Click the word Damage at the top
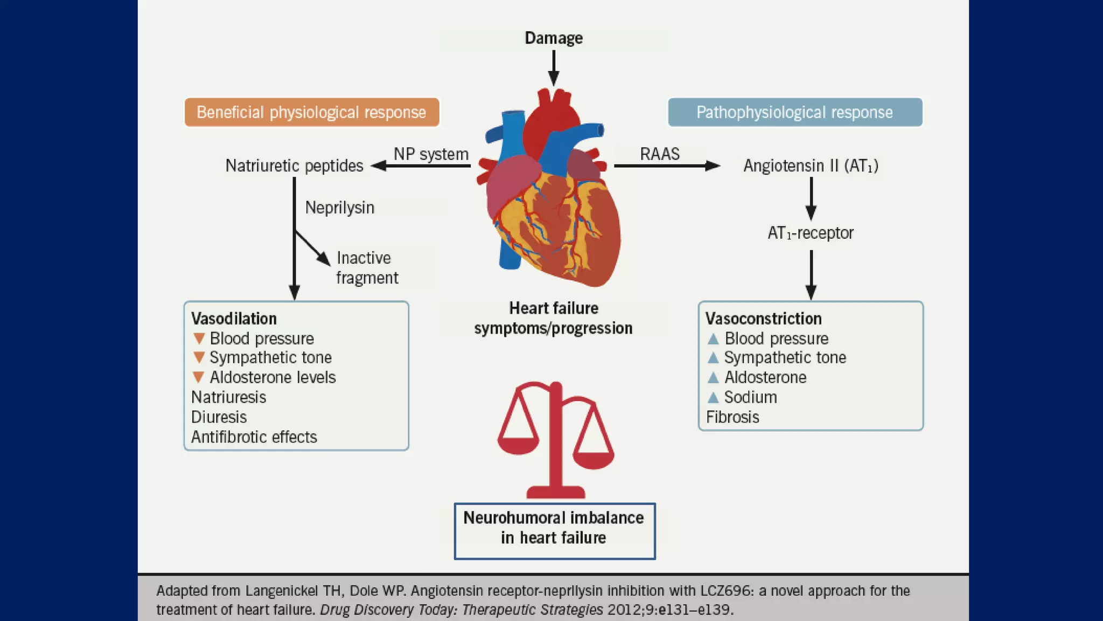[554, 38]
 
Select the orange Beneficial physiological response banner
[311, 112]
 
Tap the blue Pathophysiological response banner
[794, 112]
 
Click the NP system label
[431, 154]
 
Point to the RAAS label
[659, 154]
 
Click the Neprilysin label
[339, 208]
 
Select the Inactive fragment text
[366, 268]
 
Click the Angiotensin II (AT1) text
[810, 165]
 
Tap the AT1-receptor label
[810, 233]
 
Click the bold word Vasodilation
[234, 319]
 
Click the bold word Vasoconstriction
[763, 319]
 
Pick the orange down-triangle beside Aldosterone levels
[199, 377]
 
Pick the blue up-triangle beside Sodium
[713, 397]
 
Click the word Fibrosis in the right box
[732, 417]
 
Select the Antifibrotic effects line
[254, 437]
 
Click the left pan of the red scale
[518, 445]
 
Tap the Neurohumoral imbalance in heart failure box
[554, 531]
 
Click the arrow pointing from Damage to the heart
[553, 68]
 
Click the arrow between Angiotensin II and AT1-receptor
[811, 198]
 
